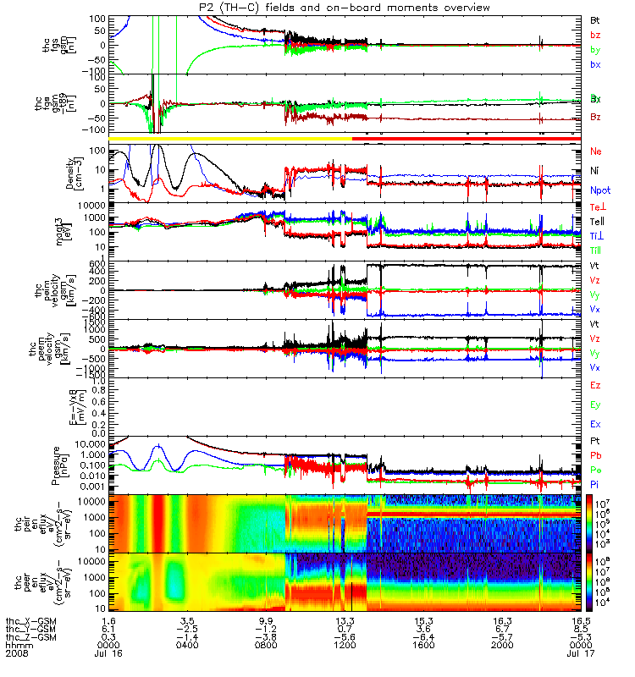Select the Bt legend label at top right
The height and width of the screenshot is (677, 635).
[x=595, y=19]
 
